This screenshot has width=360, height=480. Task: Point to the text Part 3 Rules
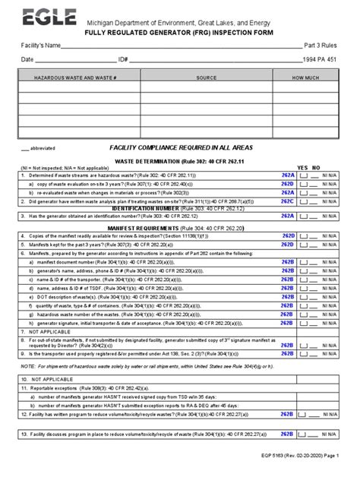click(x=322, y=47)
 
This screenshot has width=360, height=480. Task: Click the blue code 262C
click(x=286, y=201)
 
